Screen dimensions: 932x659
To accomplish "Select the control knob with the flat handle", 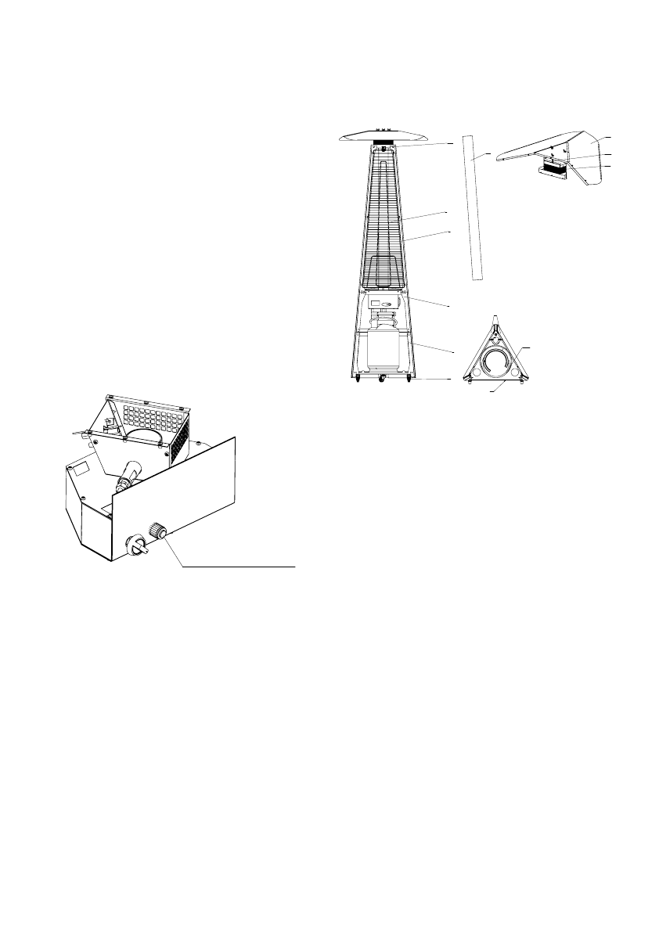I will point(136,545).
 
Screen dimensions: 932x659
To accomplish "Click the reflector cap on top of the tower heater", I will point(384,135).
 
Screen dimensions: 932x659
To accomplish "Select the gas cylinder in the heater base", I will point(383,349).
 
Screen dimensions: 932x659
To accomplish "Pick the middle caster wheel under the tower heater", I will point(383,380).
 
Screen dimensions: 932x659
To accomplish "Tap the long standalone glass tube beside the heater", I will point(471,207).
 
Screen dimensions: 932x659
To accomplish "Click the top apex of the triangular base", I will point(495,318).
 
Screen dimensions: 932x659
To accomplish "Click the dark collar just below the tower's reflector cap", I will point(384,143).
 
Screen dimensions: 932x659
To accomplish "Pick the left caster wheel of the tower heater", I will point(358,380).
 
